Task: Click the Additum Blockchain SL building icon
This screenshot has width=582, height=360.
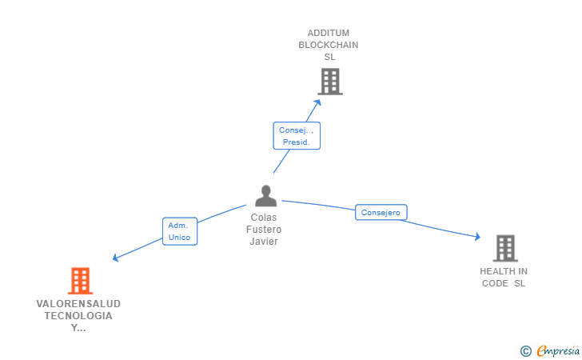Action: [329, 82]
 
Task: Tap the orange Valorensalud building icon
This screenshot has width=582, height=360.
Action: [80, 281]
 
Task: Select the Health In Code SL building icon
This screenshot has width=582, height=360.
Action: [505, 249]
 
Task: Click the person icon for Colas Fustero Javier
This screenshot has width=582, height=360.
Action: [265, 196]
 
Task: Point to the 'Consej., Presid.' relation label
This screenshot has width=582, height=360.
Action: [297, 135]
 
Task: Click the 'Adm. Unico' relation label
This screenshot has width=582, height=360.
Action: [179, 231]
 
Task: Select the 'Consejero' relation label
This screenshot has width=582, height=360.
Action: [381, 212]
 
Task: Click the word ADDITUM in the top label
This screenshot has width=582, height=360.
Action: [329, 34]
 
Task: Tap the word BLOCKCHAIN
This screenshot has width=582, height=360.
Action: [329, 45]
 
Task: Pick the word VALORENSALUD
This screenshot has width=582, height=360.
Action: [78, 304]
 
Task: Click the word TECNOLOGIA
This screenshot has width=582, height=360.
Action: [78, 315]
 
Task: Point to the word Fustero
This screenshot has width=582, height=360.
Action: [264, 230]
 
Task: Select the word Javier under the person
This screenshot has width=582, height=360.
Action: [264, 242]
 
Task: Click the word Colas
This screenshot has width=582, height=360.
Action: [264, 218]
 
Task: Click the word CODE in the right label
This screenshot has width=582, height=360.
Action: [496, 283]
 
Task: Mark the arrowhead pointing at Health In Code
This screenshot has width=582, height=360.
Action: [477, 237]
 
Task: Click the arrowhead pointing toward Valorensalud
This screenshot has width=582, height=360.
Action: [116, 258]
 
